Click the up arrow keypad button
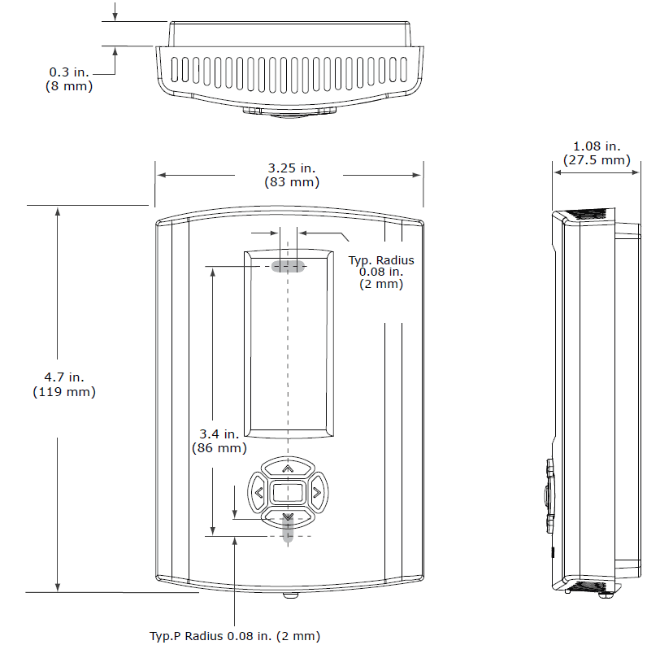pos(287,469)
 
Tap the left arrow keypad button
pos(258,492)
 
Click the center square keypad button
pos(287,492)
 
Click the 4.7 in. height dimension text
pos(64,377)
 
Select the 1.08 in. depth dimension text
pos(597,146)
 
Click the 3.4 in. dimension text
pos(219,434)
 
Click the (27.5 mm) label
pos(597,160)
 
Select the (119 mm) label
pos(64,392)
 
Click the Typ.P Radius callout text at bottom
pos(235,635)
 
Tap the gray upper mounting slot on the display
pos(288,266)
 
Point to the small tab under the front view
pos(289,595)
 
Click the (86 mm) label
pos(219,448)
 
